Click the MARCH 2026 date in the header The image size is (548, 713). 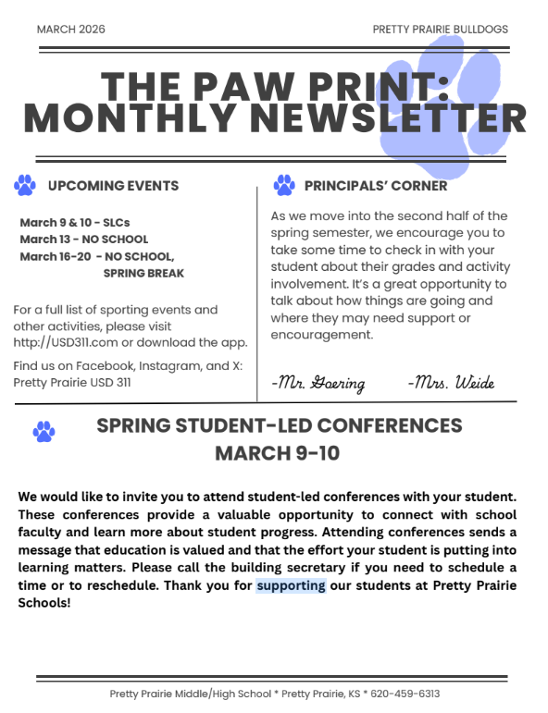pyautogui.click(x=70, y=30)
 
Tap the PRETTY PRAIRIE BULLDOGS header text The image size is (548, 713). pyautogui.click(x=440, y=30)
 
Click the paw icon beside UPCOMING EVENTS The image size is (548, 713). pyautogui.click(x=25, y=185)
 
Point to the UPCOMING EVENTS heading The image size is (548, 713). pyautogui.click(x=113, y=186)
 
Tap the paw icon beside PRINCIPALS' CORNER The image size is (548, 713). pyautogui.click(x=283, y=186)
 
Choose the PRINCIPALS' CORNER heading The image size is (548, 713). pyautogui.click(x=375, y=186)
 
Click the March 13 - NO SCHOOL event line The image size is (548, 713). pyautogui.click(x=83, y=240)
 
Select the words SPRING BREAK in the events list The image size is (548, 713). pyautogui.click(x=143, y=273)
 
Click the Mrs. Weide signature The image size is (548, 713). pyautogui.click(x=451, y=383)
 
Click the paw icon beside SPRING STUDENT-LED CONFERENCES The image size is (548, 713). pyautogui.click(x=43, y=431)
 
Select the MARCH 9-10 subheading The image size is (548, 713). pyautogui.click(x=277, y=453)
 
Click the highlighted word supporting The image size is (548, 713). pyautogui.click(x=291, y=585)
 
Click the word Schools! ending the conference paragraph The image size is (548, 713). pyautogui.click(x=44, y=602)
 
